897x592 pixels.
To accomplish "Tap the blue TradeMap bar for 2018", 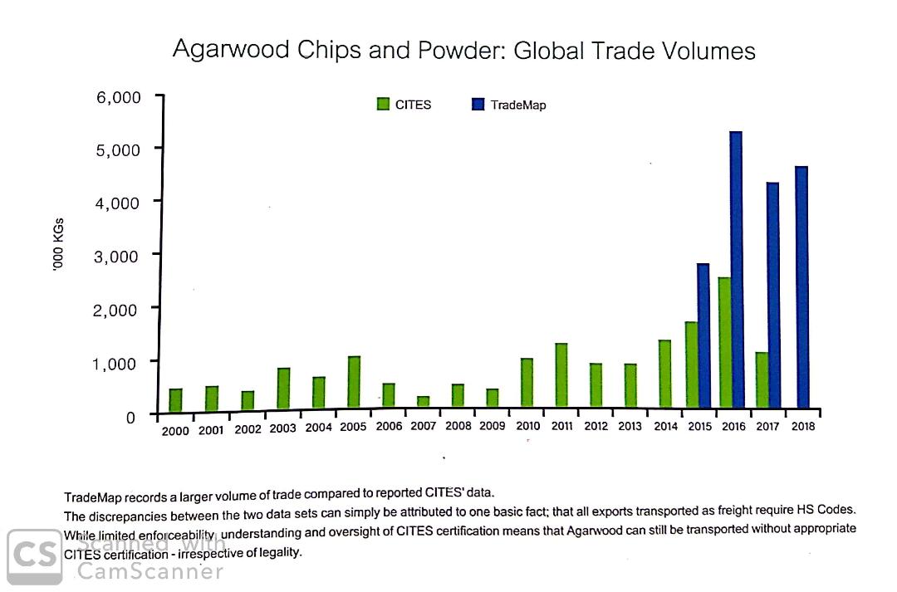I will coord(801,287).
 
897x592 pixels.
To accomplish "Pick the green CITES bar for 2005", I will coord(355,382).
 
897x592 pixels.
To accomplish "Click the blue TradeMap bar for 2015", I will coord(703,335).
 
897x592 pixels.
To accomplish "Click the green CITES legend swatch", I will coord(383,104).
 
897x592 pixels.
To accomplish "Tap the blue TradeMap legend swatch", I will coord(478,104).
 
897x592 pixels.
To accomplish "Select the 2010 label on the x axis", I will coord(527,427).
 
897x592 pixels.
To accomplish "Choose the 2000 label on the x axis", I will coord(175,430).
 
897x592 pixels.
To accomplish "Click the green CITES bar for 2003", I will coord(284,388).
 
